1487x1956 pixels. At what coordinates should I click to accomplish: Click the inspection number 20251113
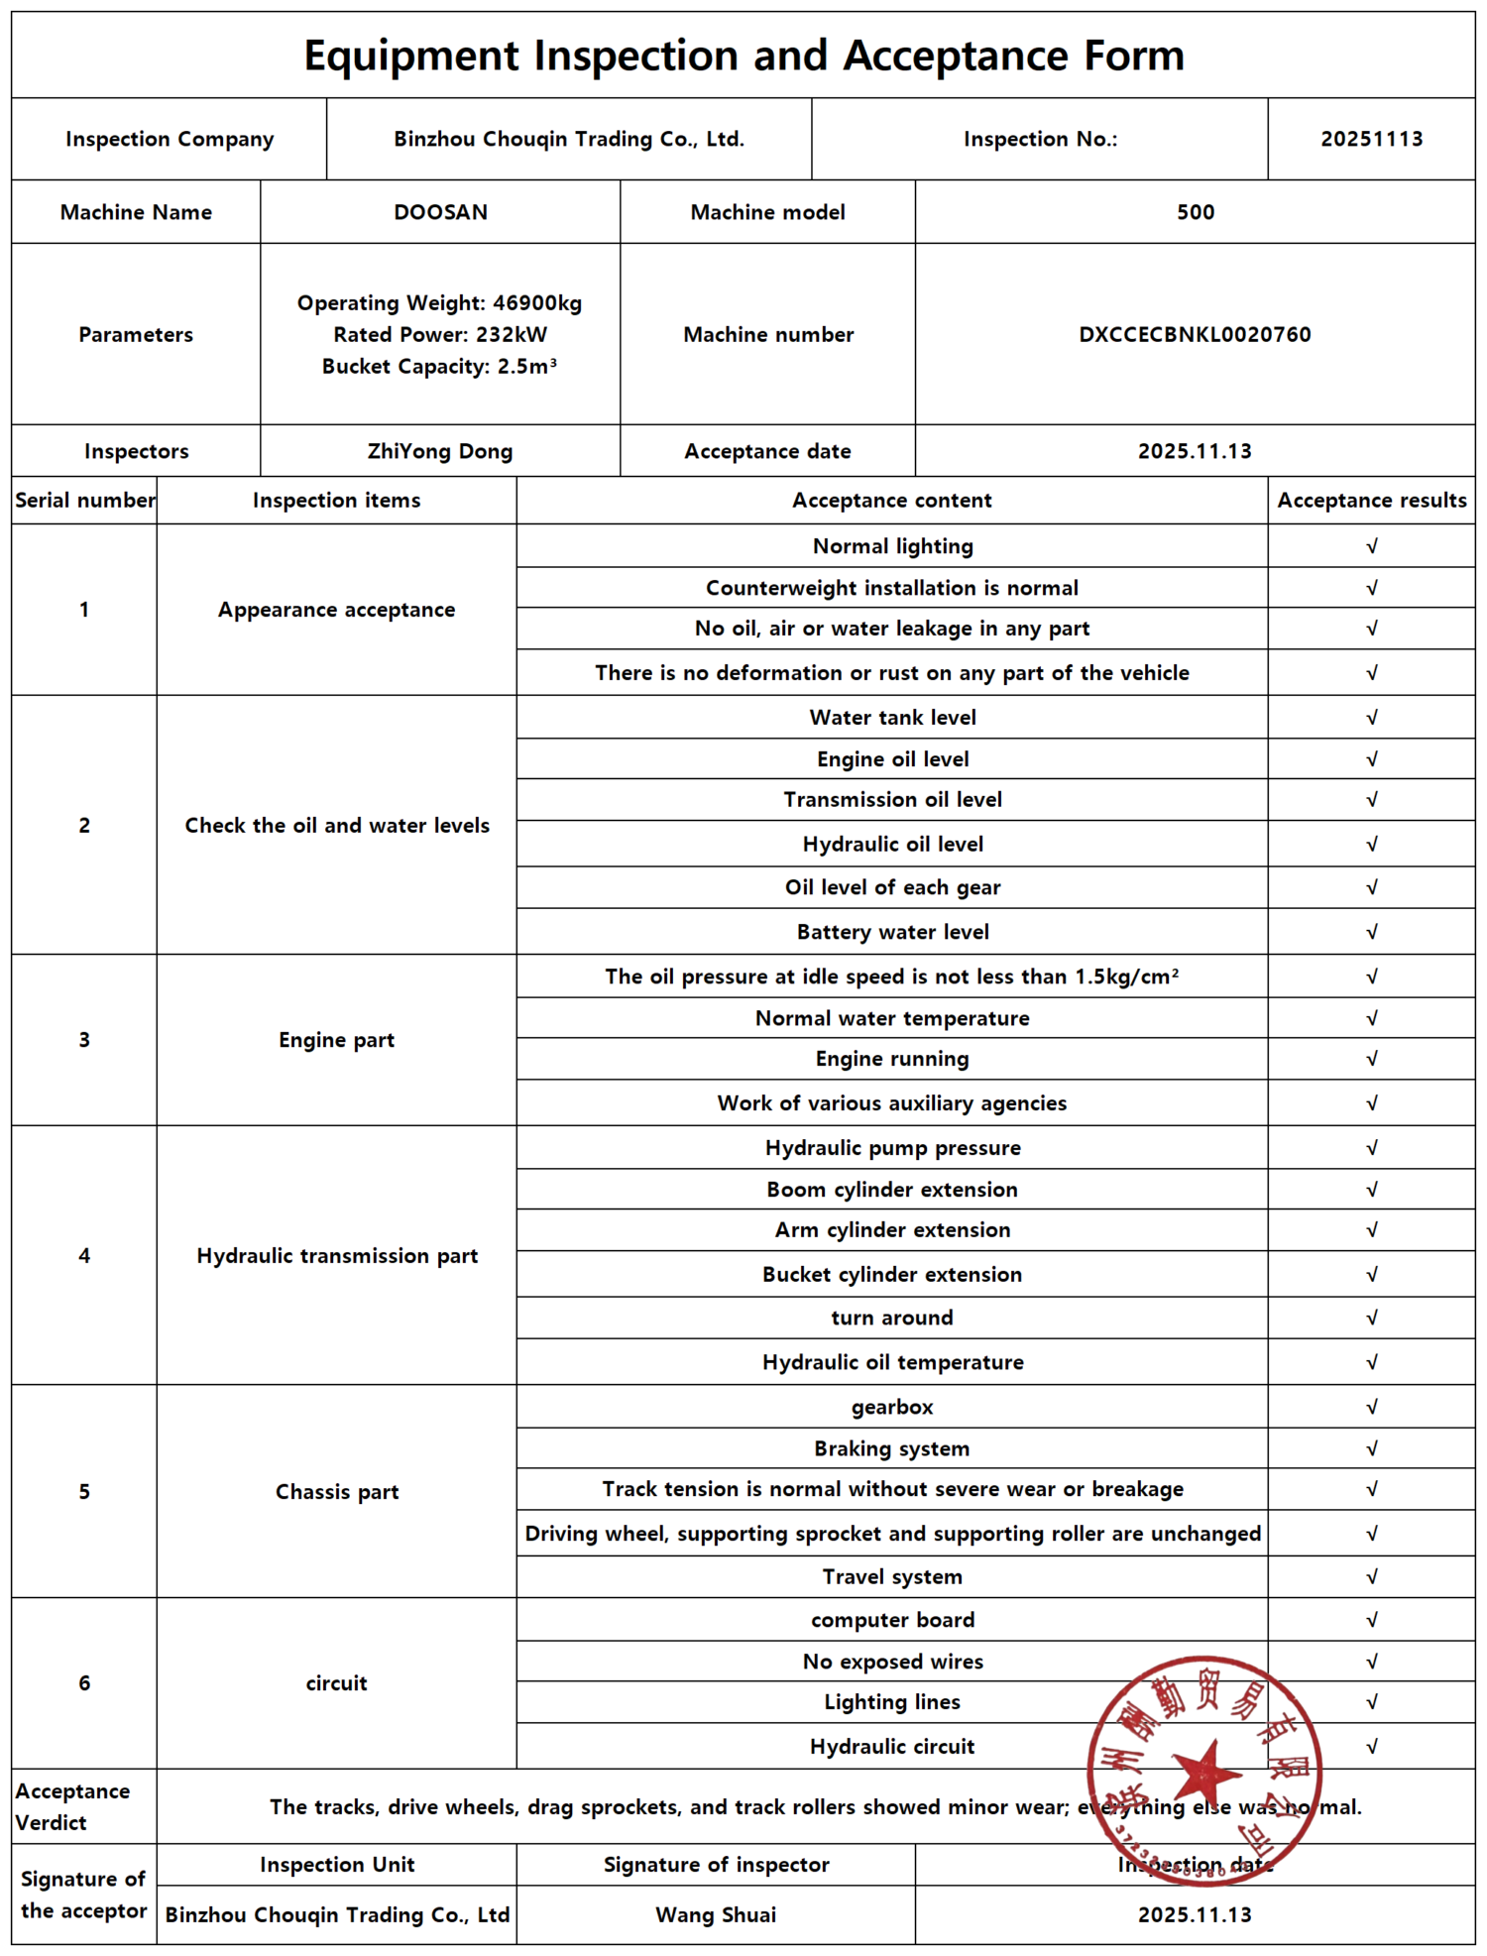(1371, 139)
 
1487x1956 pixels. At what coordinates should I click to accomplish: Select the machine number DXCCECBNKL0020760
(1195, 334)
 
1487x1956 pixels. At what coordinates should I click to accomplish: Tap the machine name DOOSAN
(440, 212)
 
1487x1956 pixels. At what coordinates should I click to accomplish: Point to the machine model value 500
(1195, 212)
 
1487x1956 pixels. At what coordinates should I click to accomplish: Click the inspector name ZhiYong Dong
(440, 451)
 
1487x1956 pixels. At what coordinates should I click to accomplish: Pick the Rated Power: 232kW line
(440, 334)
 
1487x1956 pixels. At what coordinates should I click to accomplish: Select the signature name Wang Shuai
(716, 1914)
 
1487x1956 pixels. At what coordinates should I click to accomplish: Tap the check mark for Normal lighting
(1371, 546)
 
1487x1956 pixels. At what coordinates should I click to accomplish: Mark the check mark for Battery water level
(1371, 932)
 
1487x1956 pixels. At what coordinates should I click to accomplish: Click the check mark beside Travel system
(1371, 1576)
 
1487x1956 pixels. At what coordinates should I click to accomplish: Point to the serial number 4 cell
(84, 1256)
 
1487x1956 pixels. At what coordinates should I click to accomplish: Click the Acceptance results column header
(1371, 501)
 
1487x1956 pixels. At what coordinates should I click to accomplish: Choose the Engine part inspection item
(336, 1040)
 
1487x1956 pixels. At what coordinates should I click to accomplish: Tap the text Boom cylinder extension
(892, 1190)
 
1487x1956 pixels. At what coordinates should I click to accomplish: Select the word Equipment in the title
(410, 56)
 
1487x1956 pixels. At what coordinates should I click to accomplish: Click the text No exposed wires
(892, 1662)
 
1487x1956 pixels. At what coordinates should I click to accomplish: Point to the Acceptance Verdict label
(72, 1806)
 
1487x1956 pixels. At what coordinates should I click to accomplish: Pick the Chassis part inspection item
(336, 1492)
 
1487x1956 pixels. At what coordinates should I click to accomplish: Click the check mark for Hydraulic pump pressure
(1371, 1148)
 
